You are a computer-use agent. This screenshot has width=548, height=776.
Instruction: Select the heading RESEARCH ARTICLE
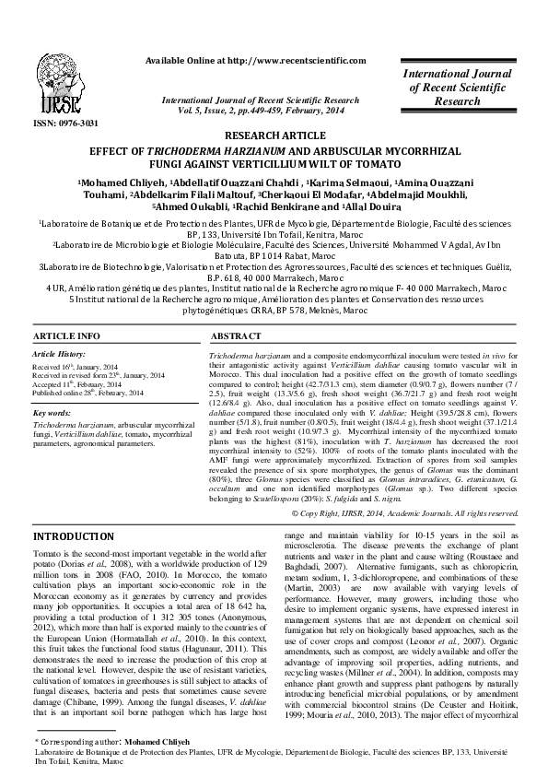[x=274, y=134]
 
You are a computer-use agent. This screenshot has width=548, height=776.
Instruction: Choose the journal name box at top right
[x=470, y=86]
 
